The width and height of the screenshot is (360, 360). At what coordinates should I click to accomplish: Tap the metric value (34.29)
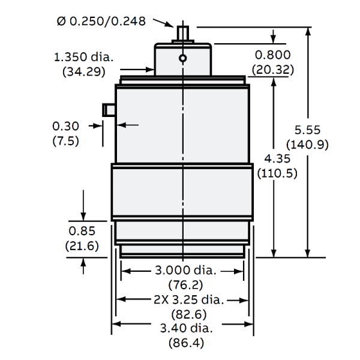84,71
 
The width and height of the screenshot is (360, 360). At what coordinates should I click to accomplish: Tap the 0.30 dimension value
67,127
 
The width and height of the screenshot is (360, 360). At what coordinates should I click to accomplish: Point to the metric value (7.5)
67,140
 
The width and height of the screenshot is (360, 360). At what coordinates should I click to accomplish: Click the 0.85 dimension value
82,232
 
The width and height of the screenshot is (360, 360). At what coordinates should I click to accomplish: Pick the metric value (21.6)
82,245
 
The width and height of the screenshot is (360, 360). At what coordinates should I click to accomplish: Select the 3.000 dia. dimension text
184,271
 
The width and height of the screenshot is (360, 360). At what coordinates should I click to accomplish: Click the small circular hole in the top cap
182,58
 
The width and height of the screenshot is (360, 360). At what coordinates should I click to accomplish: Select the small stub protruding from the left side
109,109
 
